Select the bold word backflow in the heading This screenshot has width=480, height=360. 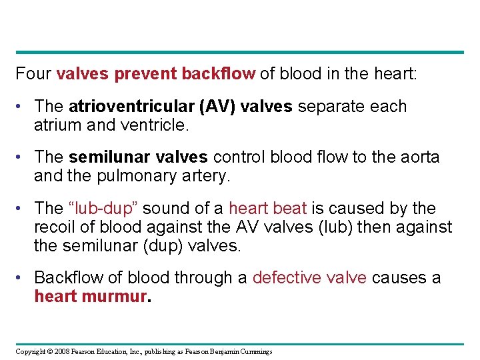(217, 73)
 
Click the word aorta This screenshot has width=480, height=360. (419, 157)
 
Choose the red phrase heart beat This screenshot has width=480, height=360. (268, 209)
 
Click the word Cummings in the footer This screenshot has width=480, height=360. (255, 351)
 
